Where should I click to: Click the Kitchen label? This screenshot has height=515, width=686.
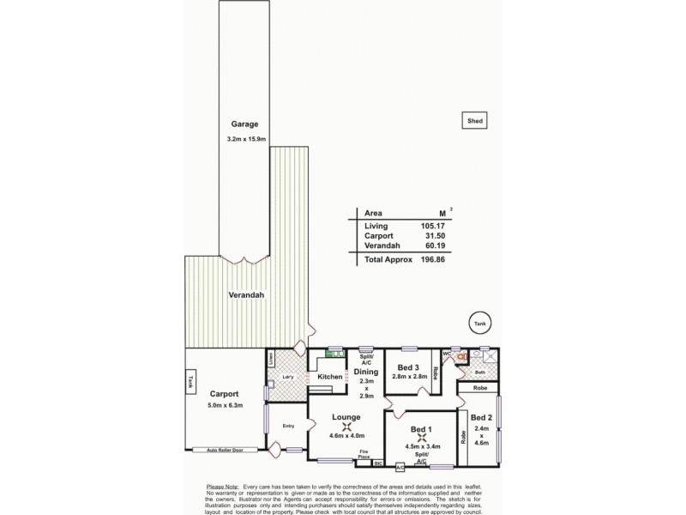[x=330, y=377]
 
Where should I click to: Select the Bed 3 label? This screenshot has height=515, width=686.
[x=409, y=367]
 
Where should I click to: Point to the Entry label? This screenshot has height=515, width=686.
[x=288, y=425]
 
